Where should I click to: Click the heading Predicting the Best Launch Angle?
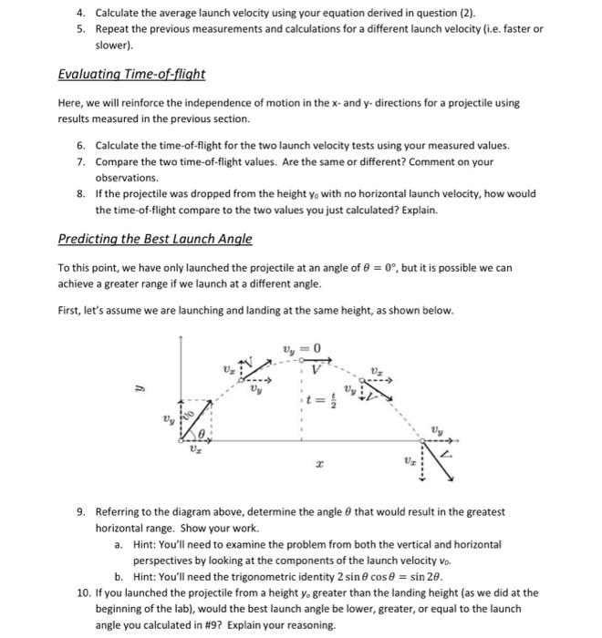click(x=155, y=239)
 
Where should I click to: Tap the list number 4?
click(x=80, y=12)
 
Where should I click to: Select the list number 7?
click(x=80, y=161)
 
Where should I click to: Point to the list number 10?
click(x=84, y=592)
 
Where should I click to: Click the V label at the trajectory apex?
click(x=316, y=367)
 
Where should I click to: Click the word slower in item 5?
click(x=113, y=44)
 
